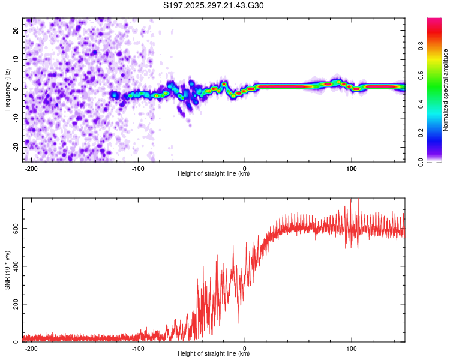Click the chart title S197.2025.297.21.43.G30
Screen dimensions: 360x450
pyautogui.click(x=214, y=6)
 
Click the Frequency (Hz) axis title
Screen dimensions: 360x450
pyautogui.click(x=7, y=90)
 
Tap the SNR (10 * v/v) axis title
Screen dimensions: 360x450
pyautogui.click(x=7, y=270)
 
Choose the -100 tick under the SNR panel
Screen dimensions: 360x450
pyautogui.click(x=138, y=348)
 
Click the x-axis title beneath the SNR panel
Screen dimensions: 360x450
pyautogui.click(x=214, y=354)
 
